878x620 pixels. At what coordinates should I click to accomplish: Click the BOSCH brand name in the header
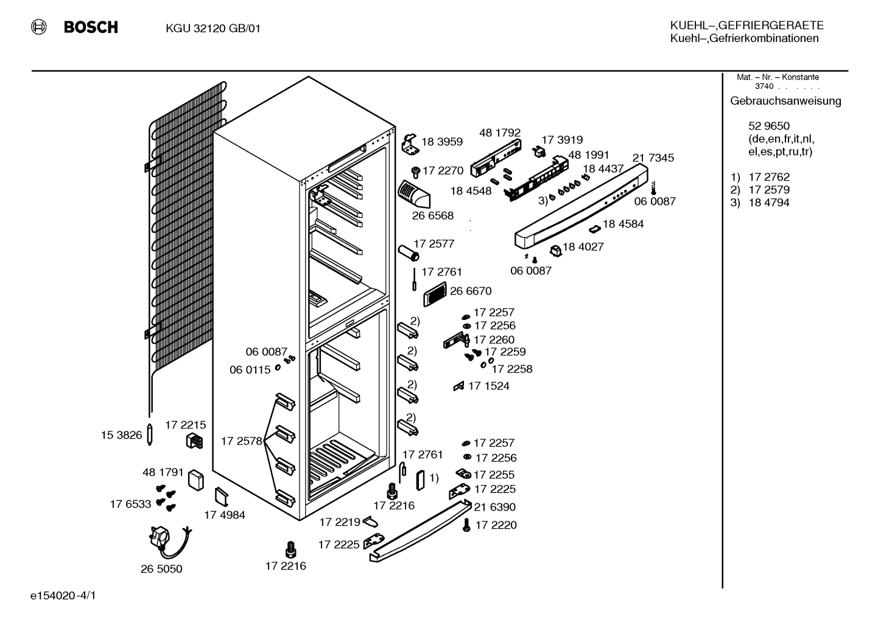pos(91,27)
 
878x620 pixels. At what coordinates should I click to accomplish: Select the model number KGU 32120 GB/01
pos(213,29)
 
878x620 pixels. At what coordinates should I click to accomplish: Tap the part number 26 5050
pos(161,569)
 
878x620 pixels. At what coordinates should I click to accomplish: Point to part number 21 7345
pos(653,158)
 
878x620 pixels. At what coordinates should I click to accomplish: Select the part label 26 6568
pos(433,215)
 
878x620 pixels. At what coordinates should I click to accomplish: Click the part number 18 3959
pos(442,141)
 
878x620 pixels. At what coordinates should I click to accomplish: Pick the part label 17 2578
pos(242,441)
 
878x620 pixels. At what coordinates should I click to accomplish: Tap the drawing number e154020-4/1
pos(63,596)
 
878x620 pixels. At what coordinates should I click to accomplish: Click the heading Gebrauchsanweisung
pos(785,101)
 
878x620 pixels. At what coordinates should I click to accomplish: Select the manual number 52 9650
pos(769,126)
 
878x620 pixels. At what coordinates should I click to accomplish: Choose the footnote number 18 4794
pos(769,203)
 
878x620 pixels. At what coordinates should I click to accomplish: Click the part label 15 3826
pos(122,435)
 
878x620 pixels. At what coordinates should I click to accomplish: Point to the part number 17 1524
pos(489,386)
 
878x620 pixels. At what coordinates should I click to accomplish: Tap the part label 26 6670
pos(471,291)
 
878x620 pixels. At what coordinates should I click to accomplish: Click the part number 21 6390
pos(494,507)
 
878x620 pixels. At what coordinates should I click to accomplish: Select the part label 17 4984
pos(225,515)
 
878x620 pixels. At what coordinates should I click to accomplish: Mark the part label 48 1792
pos(500,133)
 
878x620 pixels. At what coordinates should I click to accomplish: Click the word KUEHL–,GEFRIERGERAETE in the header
pos(746,26)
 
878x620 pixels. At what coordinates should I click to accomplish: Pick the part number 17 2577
pos(434,243)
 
